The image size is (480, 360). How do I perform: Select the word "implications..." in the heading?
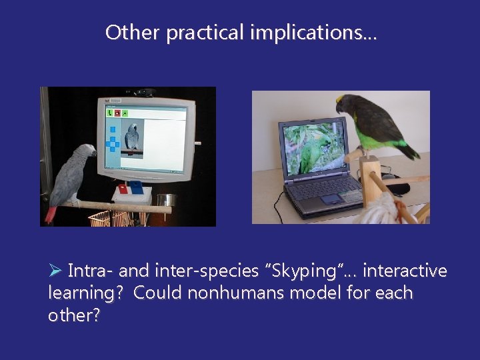pos(313,33)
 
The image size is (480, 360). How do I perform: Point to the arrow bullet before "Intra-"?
pos(55,271)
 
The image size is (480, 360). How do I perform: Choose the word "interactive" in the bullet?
pos(405,271)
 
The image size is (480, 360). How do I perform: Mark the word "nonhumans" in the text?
pos(218,293)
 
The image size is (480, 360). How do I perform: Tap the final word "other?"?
pos(74,315)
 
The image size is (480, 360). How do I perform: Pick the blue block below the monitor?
pos(136,187)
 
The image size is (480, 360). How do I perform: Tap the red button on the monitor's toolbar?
pos(117,113)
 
